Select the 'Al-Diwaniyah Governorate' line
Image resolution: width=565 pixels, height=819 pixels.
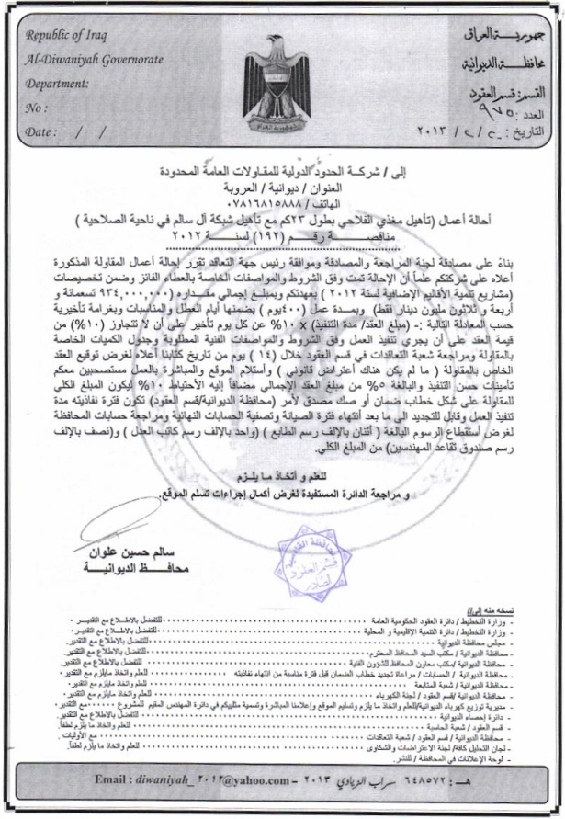(95, 60)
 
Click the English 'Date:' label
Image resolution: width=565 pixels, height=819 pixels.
(42, 131)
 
